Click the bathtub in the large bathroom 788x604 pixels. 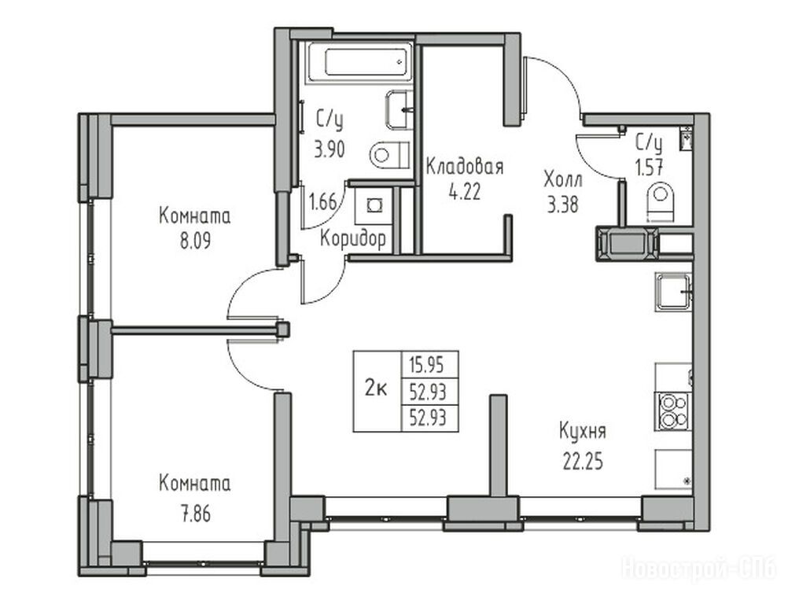[x=360, y=62]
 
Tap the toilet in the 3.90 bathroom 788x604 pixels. [x=390, y=154]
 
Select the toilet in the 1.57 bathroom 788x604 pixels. [x=661, y=201]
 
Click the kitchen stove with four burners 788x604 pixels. [x=673, y=411]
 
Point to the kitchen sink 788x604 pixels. [x=673, y=292]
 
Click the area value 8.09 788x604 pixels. [x=196, y=241]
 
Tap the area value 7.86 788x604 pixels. [x=196, y=514]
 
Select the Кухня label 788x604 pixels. [x=583, y=432]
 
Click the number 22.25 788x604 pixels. [x=583, y=462]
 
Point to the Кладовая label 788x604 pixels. [x=464, y=166]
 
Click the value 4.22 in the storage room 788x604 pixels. [x=465, y=191]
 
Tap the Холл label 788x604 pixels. [x=563, y=179]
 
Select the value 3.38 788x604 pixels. [x=563, y=204]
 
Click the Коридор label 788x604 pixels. [x=353, y=238]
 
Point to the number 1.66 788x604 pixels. [x=322, y=202]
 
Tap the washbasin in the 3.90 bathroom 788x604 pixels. [x=400, y=110]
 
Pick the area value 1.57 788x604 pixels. [x=650, y=168]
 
